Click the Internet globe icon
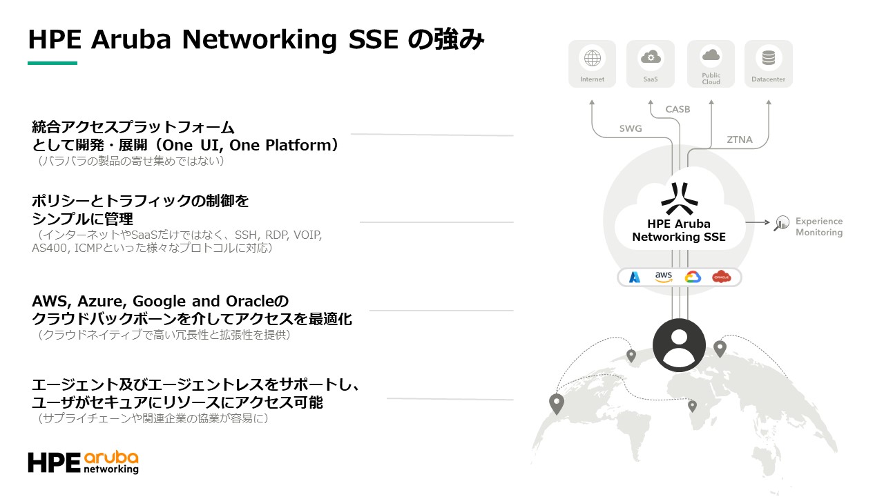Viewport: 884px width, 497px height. coord(592,59)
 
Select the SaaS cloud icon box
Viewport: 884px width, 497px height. coord(651,63)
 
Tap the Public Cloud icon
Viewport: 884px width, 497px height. coord(711,56)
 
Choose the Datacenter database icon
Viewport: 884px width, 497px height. coord(769,59)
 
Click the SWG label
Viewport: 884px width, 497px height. coord(631,128)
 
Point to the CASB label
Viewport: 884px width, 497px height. coord(678,109)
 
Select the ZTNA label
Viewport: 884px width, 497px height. coord(740,139)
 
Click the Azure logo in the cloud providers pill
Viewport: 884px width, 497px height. coord(635,277)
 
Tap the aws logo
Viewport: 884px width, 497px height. coord(664,277)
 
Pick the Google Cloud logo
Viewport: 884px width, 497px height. coord(693,277)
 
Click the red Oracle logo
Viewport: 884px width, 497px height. coord(721,277)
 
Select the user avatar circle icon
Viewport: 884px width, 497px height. coord(679,346)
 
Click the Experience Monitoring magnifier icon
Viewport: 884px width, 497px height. coord(781,223)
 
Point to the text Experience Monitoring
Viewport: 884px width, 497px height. coord(819,227)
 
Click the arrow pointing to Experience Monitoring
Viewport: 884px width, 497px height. coord(758,222)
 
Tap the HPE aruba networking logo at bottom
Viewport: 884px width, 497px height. coord(83,462)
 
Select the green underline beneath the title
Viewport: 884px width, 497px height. coord(52,64)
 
